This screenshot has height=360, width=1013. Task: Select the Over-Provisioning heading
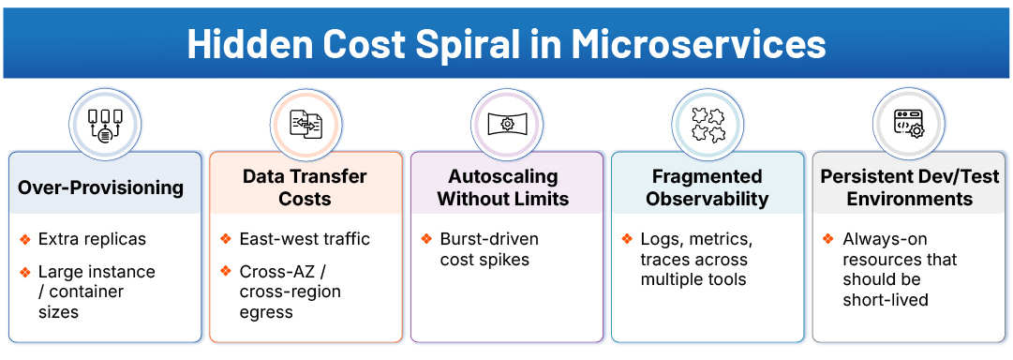[x=101, y=187]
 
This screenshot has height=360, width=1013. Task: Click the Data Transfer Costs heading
[x=305, y=187]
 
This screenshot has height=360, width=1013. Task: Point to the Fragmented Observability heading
[x=707, y=187]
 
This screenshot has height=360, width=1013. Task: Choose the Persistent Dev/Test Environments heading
[x=909, y=187]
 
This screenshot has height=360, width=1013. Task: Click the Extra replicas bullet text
[x=92, y=239]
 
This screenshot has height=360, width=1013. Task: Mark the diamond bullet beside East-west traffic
[x=226, y=239]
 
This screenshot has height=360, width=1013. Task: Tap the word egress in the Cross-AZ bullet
[x=266, y=312]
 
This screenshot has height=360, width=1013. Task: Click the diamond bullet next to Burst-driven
[x=426, y=239]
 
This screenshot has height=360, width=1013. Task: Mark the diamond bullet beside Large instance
[x=25, y=272]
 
